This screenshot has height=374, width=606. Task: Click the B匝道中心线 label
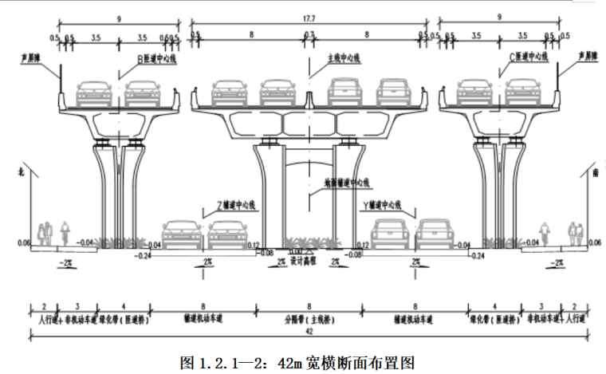click(x=159, y=57)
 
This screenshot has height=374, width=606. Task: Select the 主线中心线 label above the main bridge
click(x=344, y=57)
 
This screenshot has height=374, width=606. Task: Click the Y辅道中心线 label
click(x=387, y=204)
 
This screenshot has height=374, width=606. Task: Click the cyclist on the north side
click(x=65, y=234)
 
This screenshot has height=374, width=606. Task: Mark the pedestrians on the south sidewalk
click(x=574, y=234)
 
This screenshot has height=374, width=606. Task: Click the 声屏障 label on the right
click(x=583, y=57)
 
